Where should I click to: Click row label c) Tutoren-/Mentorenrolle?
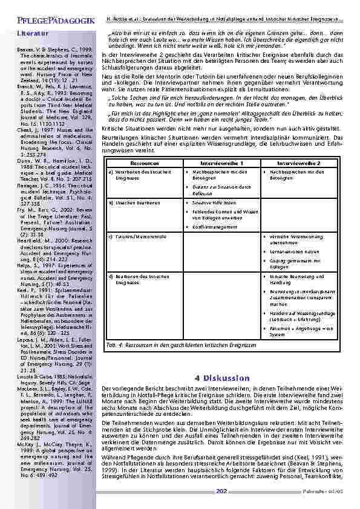(136, 236)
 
